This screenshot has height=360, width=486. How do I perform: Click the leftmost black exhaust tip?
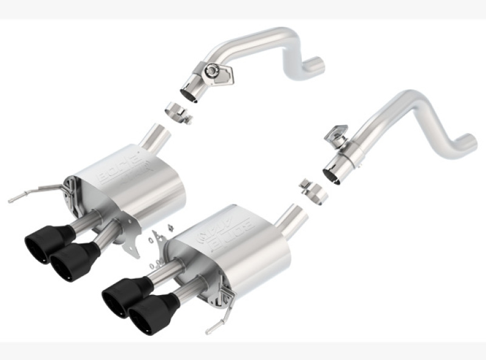coord(41,246)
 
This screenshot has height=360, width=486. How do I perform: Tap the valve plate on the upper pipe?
coord(215,72)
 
